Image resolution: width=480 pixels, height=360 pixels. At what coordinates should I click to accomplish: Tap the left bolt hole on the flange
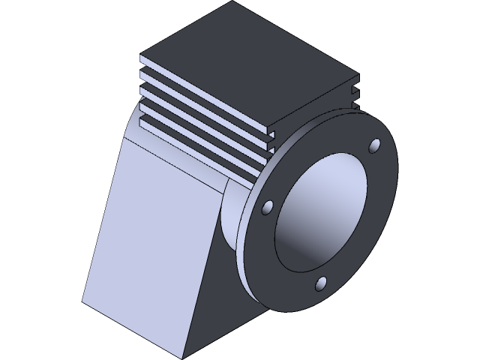click(x=267, y=207)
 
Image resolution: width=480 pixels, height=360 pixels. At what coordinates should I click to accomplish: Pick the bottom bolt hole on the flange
click(x=321, y=283)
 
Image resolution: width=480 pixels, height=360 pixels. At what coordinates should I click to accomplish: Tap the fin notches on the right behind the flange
click(x=355, y=94)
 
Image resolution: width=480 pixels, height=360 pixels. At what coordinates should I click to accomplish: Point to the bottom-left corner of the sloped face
click(x=82, y=303)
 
